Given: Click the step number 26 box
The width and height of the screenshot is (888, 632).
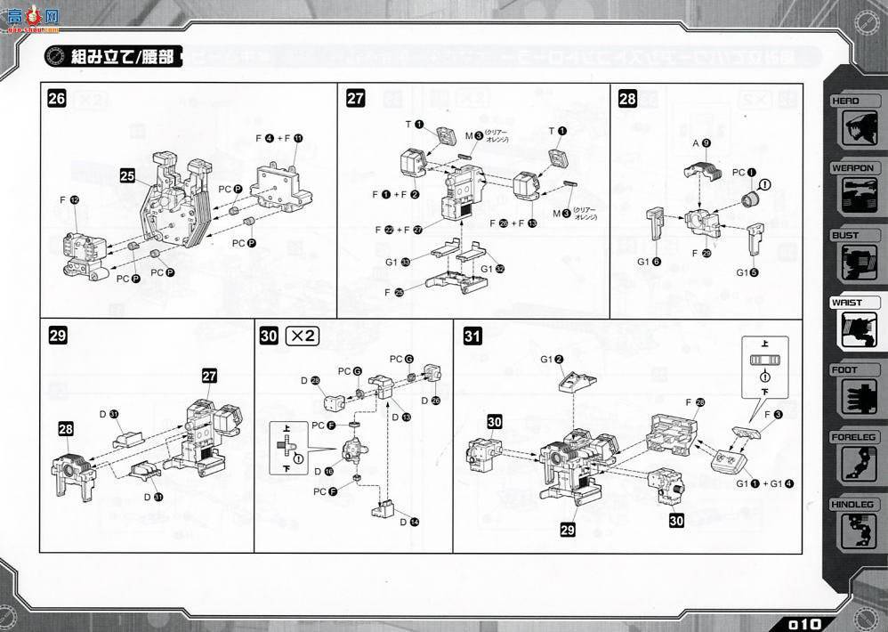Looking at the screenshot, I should (56, 99).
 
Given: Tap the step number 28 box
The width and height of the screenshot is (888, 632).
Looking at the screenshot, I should (627, 99).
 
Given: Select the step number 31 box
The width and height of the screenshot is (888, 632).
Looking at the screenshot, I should (472, 336).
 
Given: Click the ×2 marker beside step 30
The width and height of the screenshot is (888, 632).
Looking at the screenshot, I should (302, 336).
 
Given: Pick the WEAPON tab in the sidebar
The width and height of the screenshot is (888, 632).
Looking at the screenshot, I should (854, 167).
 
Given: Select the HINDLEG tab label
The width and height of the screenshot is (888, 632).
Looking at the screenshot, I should (854, 504).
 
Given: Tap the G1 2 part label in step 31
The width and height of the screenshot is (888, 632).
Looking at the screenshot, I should (553, 359).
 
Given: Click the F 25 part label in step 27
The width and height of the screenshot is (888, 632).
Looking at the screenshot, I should (394, 291).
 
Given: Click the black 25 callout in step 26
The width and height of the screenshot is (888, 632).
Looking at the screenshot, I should (127, 177).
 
